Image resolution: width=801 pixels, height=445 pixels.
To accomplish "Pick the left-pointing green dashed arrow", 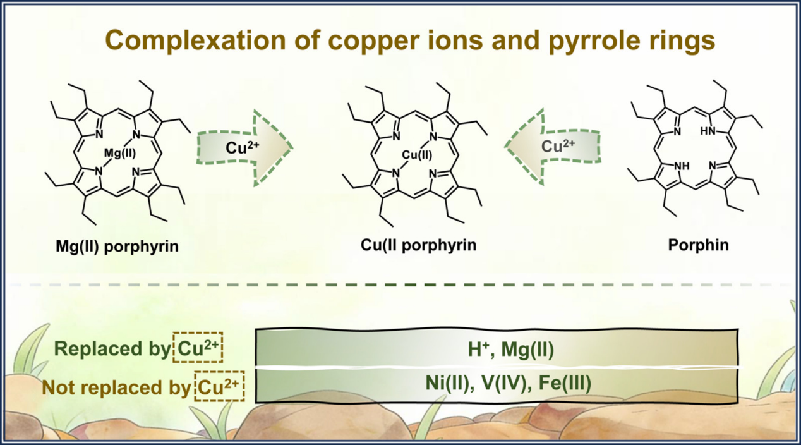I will (x=553, y=147).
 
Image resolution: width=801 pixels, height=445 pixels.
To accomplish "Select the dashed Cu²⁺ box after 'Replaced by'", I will (x=198, y=350).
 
